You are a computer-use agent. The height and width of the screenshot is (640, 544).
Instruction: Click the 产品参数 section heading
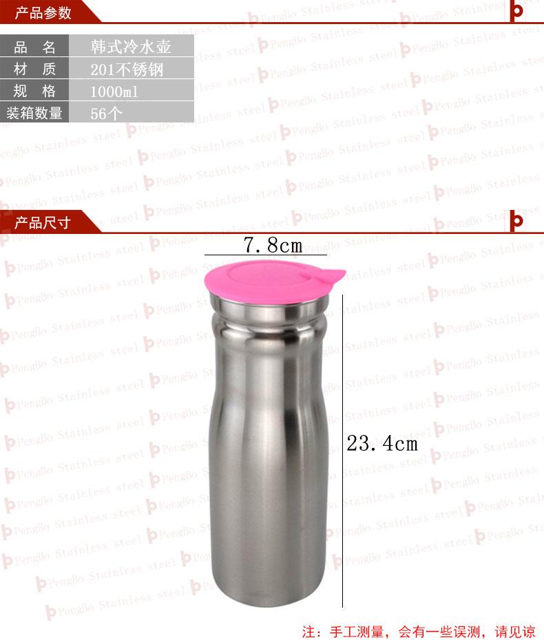point(43,13)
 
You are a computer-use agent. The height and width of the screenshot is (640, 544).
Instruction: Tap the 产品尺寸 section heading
point(43,223)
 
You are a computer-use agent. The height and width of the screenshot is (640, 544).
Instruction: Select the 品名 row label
point(34,47)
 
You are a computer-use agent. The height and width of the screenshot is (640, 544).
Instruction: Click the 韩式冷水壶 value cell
point(131,47)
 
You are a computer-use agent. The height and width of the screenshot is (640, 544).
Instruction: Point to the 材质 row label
point(34,69)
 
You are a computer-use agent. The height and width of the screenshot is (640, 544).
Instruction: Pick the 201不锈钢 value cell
point(131,69)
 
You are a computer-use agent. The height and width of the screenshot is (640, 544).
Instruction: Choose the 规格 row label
point(34,91)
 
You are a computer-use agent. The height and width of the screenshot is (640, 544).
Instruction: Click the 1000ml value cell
point(131,91)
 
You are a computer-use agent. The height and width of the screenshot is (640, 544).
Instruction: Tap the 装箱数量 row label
point(34,112)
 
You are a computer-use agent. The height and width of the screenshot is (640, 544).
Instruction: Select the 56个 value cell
point(131,113)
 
